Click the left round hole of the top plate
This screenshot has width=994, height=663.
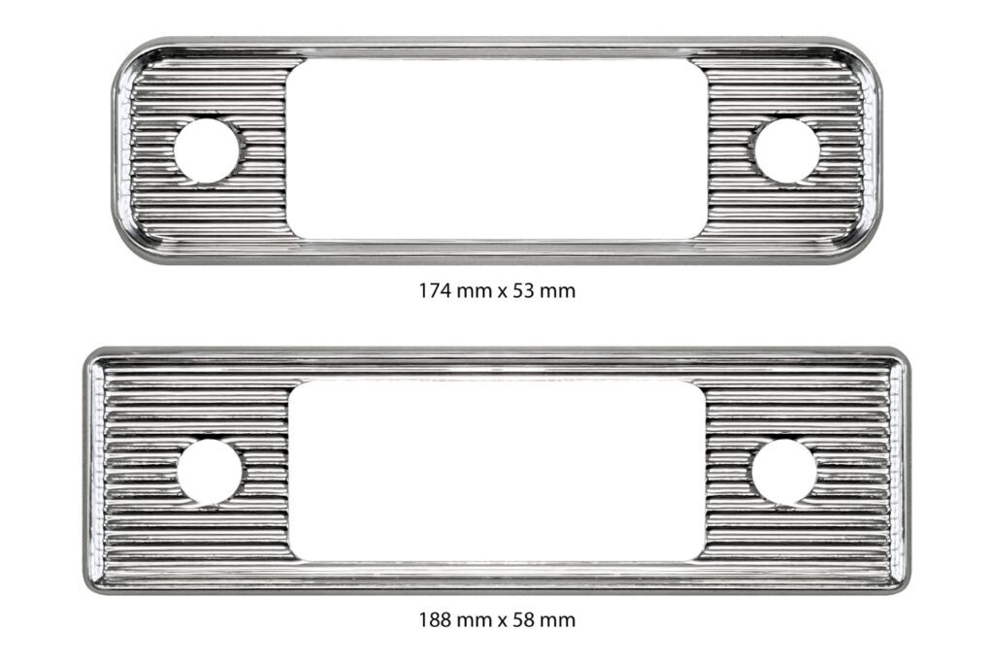[206, 150]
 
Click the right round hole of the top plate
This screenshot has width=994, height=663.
[786, 150]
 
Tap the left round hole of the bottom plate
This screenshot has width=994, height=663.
[210, 473]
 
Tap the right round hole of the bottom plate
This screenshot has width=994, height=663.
[783, 473]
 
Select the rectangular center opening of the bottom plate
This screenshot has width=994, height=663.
[497, 471]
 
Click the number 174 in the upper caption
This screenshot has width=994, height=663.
[436, 291]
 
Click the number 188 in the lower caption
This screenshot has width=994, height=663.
[436, 619]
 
